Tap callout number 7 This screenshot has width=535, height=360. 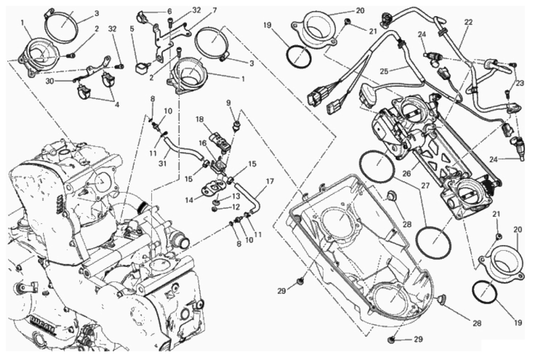(x=215, y=10)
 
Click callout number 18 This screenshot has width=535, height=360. (x=199, y=119)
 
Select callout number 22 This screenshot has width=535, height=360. (x=468, y=21)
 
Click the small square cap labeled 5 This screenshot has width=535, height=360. (x=143, y=68)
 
